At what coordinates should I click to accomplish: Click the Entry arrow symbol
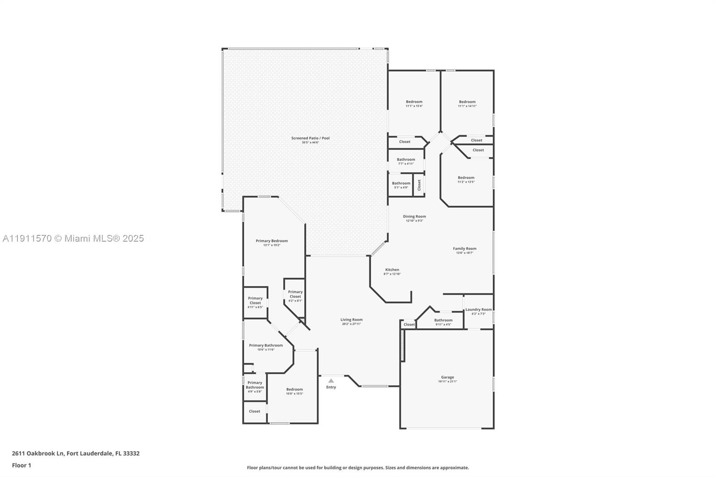(x=331, y=381)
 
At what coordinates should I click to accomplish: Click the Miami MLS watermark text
(x=73, y=238)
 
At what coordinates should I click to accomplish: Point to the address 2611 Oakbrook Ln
(x=76, y=453)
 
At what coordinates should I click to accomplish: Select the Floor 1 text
(x=21, y=465)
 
